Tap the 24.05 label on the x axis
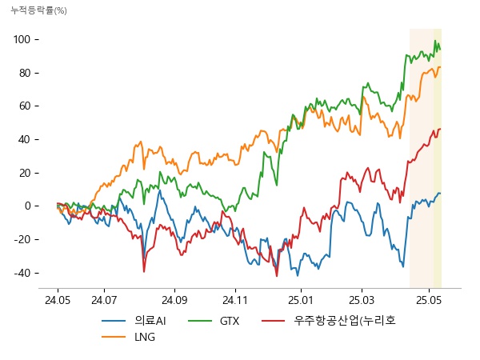[x=58, y=301]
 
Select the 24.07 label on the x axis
[x=105, y=301]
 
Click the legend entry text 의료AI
[x=150, y=321]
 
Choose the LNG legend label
[x=145, y=337]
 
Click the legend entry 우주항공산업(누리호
[x=345, y=321]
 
